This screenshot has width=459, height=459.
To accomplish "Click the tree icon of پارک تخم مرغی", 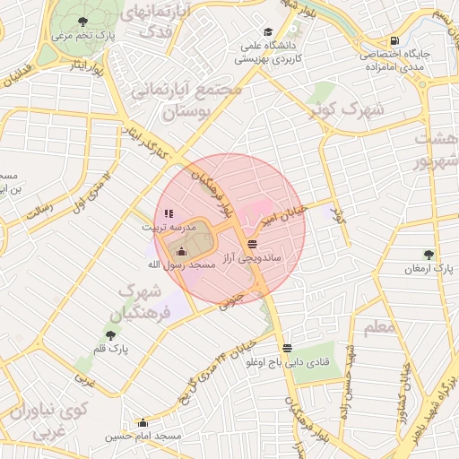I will (83, 21).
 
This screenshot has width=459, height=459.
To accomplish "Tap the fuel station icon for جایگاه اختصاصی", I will (394, 40).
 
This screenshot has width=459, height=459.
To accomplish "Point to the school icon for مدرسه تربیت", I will (169, 213).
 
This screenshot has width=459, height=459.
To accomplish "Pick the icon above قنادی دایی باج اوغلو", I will (286, 348).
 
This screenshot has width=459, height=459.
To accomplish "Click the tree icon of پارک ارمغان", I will (429, 254).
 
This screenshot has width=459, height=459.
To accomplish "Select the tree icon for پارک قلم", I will (110, 334).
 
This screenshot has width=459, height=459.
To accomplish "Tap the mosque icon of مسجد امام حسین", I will (143, 422).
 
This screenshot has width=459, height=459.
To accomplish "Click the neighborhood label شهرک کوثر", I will (359, 111).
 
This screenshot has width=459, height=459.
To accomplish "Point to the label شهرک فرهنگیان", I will (139, 302).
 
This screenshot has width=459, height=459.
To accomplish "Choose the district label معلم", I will (380, 327).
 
